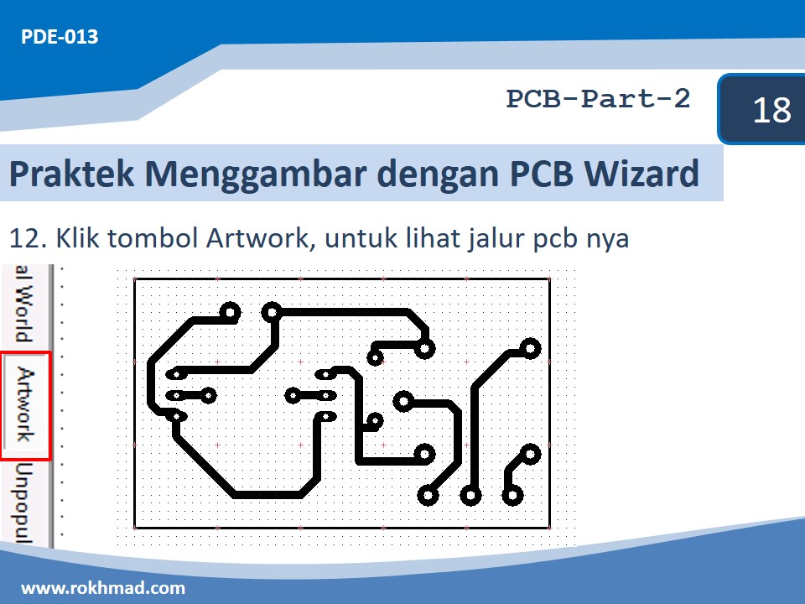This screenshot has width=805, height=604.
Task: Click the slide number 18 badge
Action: click(771, 110)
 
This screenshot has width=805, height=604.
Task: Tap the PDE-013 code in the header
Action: click(60, 37)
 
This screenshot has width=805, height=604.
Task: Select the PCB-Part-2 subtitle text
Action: click(598, 99)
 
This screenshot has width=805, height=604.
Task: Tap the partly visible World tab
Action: click(26, 306)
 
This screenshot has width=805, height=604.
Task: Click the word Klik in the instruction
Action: click(79, 238)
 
